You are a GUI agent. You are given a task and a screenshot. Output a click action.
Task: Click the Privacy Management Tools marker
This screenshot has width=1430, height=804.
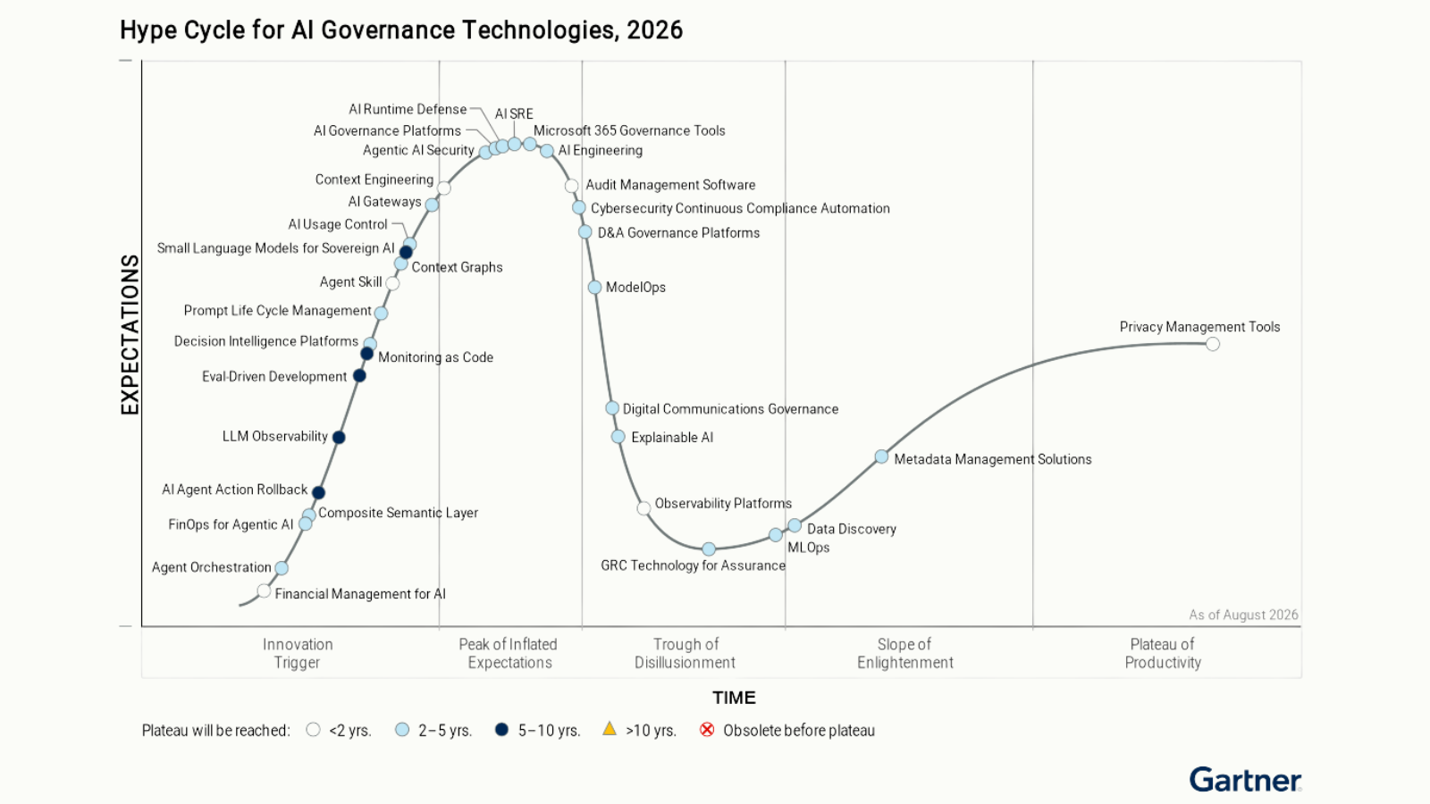point(1212,345)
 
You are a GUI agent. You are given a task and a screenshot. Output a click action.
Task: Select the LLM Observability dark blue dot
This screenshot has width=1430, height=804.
point(339,437)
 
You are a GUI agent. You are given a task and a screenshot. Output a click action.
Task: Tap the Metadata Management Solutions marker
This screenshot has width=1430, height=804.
point(881,456)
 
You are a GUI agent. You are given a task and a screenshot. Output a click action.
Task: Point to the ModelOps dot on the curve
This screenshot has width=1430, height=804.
point(594,287)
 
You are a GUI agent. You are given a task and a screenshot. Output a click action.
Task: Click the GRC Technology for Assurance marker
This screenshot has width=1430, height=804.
point(709,549)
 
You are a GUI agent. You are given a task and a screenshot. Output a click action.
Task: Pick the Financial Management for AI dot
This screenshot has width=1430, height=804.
point(264,590)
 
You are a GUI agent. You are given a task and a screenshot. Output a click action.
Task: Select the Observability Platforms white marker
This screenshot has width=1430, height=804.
point(643,508)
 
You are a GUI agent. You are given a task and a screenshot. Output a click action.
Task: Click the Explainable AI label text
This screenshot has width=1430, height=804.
point(672,438)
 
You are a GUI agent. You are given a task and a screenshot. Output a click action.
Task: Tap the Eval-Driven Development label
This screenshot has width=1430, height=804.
point(274,376)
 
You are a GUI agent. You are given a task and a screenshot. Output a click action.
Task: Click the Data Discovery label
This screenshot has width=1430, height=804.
point(852,529)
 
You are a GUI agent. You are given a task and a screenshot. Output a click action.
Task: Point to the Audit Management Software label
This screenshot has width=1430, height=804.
point(670,185)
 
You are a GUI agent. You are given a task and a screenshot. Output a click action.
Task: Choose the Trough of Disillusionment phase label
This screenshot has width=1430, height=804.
point(685,653)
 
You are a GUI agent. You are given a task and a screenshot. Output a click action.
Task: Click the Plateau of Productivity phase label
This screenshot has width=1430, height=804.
point(1163,653)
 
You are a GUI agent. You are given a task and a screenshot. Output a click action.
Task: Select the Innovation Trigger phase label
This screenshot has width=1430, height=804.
point(298,653)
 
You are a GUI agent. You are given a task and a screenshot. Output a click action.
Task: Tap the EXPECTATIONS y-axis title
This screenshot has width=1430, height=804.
point(130,335)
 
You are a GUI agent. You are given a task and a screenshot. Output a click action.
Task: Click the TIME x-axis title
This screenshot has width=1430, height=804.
point(734,698)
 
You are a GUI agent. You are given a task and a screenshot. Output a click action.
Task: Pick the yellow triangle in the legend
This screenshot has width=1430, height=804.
point(610,729)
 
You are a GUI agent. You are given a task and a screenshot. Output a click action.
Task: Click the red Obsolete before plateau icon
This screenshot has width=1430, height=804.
point(707,729)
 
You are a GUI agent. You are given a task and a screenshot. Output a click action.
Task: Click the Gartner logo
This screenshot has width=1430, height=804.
point(1245,780)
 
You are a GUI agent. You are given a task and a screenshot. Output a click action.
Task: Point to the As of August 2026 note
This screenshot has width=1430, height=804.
point(1243,615)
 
